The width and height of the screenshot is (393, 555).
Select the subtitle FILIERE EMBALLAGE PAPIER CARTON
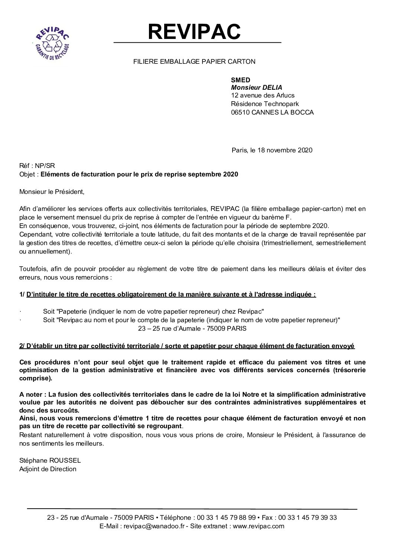pyautogui.click(x=194, y=62)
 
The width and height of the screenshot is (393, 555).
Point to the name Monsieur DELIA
pyautogui.click(x=256, y=87)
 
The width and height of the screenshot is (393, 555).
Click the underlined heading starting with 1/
pyautogui.click(x=168, y=294)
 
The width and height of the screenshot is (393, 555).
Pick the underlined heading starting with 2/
pyautogui.click(x=187, y=346)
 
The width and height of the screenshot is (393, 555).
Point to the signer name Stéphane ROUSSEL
pyautogui.click(x=50, y=460)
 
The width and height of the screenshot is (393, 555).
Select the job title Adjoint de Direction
pyautogui.click(x=48, y=469)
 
